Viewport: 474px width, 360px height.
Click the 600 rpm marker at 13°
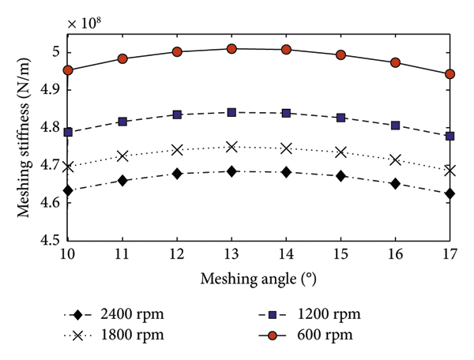[232, 49]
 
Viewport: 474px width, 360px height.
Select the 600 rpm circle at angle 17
[450, 74]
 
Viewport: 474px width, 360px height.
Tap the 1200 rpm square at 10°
[69, 133]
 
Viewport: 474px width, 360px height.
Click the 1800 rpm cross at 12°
[178, 150]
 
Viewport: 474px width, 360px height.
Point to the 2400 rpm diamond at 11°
[123, 181]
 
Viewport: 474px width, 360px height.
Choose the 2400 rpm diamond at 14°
[287, 172]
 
